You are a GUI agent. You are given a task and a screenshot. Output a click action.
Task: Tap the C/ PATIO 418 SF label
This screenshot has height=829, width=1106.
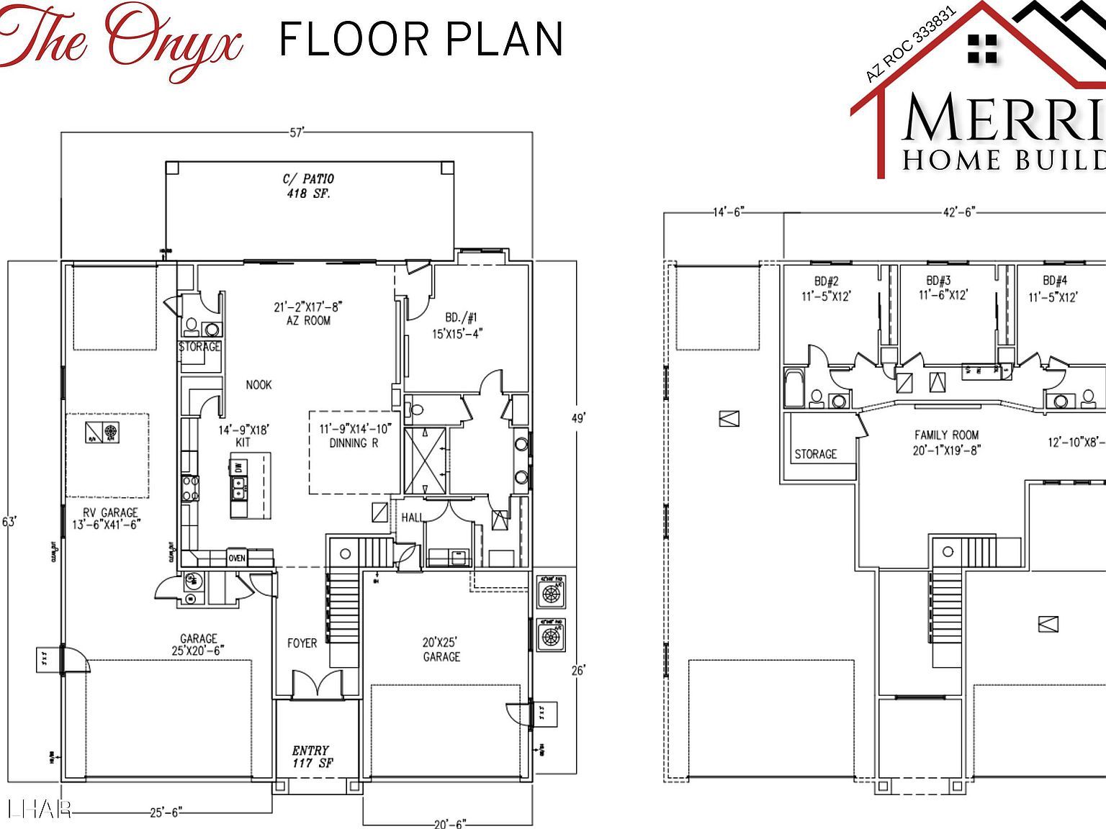[x=307, y=186]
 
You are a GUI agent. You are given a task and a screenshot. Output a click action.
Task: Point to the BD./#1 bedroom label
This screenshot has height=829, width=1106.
[x=461, y=325]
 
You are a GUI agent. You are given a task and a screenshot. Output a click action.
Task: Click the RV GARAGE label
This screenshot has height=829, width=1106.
[x=109, y=518]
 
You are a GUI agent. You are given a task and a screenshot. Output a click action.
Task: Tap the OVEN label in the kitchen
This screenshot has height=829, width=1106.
[x=237, y=558]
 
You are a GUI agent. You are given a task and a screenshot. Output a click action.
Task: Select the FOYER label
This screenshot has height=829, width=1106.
[x=302, y=643]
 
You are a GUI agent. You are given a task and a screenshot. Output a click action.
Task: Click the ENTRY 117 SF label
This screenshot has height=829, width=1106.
[x=311, y=756]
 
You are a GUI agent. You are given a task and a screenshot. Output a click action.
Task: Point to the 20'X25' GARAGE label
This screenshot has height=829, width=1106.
[x=441, y=649]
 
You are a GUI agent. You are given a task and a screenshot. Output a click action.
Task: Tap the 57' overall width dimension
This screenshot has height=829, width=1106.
[x=297, y=132]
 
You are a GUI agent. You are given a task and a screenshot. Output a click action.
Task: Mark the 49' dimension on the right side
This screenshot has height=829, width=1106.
[x=578, y=417]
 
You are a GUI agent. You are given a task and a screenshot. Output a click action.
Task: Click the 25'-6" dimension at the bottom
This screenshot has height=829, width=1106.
[x=166, y=812]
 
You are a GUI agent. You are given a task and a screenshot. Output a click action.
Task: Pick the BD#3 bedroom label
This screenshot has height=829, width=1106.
[x=943, y=288]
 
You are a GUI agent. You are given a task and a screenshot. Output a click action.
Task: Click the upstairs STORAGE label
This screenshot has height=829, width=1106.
[x=816, y=454]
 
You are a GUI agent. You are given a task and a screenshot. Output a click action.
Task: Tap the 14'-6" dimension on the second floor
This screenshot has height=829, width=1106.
[x=727, y=212]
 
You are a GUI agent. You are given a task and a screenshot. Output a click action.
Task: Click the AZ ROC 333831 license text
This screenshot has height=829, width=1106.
[x=910, y=45]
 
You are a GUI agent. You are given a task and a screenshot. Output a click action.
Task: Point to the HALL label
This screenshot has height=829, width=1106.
[x=412, y=517]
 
